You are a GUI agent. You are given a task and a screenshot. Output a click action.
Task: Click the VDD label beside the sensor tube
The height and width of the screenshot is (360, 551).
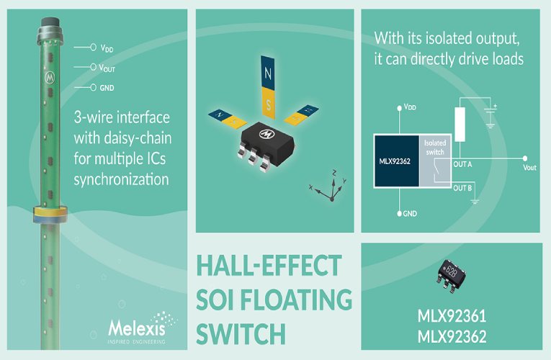(x=107, y=48)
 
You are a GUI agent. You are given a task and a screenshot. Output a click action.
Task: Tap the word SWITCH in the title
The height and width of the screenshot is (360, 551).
(x=241, y=333)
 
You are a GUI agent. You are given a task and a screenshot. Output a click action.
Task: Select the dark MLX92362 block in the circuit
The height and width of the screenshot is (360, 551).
(x=395, y=161)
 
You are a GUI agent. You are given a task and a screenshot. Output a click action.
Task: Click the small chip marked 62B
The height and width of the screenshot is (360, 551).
(x=451, y=276)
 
